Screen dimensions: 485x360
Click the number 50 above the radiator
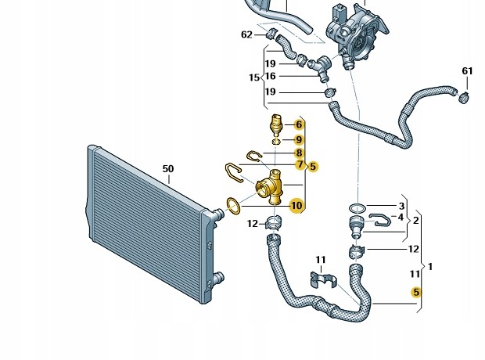tap(168, 169)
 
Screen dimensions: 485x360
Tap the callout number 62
tap(246, 34)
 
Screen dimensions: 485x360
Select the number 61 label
tap(467, 71)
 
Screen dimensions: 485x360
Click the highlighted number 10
tap(296, 206)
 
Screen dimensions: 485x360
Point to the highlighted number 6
tap(299, 124)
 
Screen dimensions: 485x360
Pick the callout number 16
tap(270, 76)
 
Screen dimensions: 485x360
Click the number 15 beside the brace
tap(254, 77)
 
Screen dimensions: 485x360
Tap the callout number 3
tap(401, 206)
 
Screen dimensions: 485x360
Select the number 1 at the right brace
tap(430, 266)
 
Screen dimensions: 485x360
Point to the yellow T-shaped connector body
tap(269, 187)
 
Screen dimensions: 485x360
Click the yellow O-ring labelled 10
tap(233, 206)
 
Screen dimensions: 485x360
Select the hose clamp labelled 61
tap(463, 97)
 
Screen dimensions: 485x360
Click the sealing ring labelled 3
tap(357, 208)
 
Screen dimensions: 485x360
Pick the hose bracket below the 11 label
tap(323, 279)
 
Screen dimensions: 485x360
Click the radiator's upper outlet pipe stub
tap(218, 214)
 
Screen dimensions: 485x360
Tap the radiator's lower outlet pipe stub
tap(218, 276)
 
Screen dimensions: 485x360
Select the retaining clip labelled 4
tap(380, 219)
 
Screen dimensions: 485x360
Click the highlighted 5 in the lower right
tap(416, 292)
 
